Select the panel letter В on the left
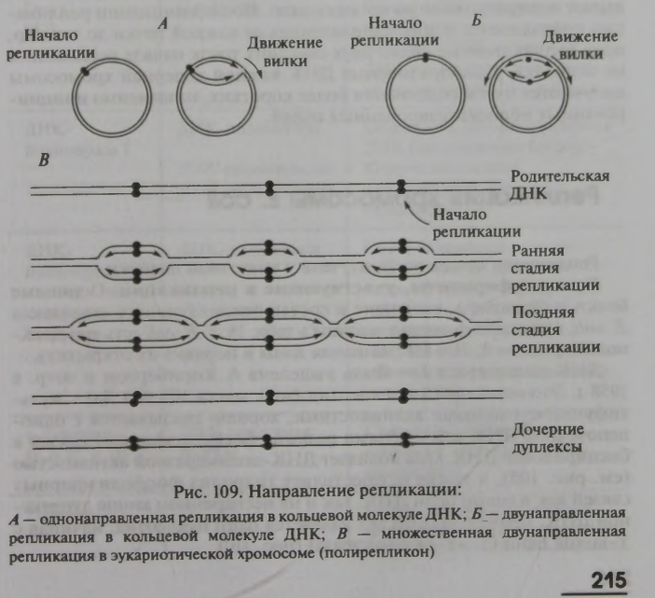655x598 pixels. [43, 160]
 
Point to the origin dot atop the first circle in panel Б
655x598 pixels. [422, 61]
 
